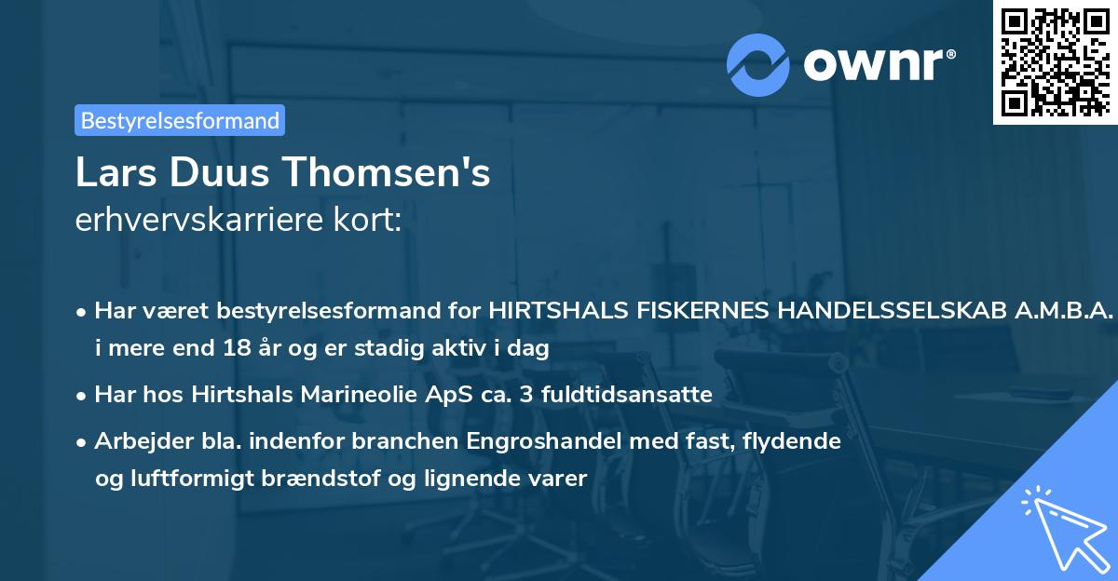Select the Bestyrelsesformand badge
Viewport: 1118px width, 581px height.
pos(180,120)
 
